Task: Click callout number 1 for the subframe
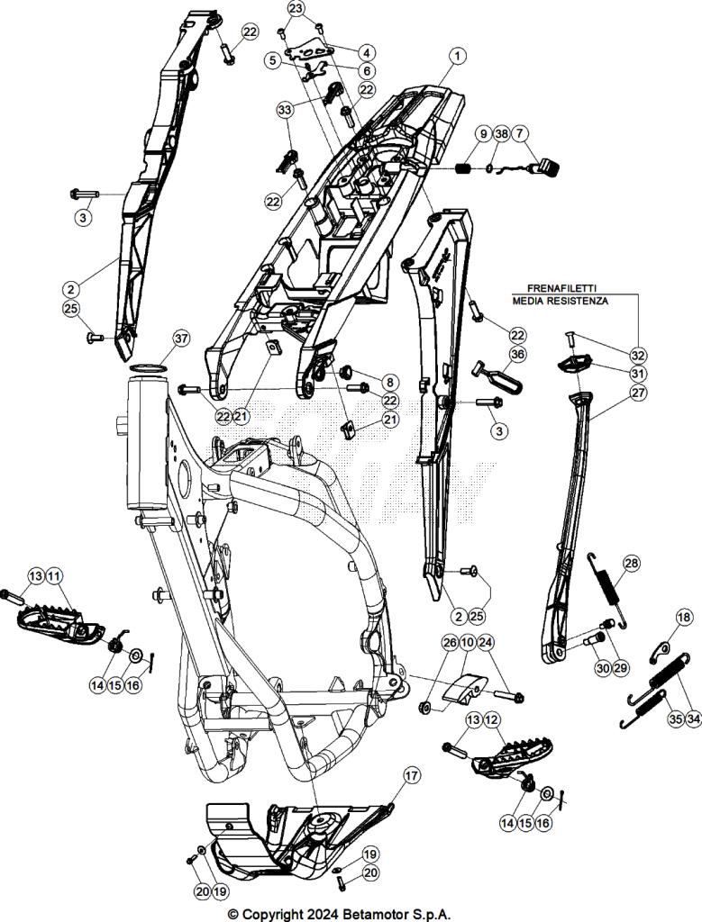point(459,56)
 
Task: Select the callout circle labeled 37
point(181,339)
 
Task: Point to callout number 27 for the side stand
point(638,393)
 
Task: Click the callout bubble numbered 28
point(631,564)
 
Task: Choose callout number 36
point(516,354)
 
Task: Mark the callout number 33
point(285,110)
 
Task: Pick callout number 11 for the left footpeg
point(54,575)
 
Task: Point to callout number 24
point(486,643)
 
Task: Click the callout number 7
point(523,134)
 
